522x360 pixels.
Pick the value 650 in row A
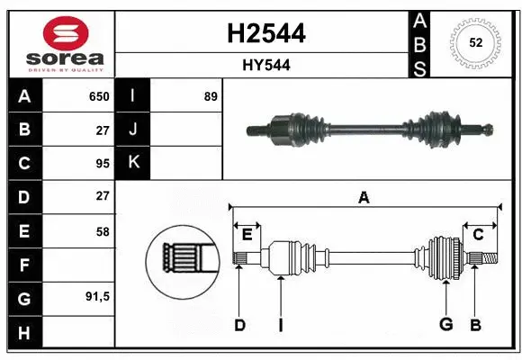pos(98,96)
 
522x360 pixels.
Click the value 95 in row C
pos(103,163)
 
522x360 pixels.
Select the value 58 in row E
pos(103,231)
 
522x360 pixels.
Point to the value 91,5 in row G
pos(98,296)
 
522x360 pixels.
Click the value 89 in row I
pos(211,96)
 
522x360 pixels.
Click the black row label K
pos(133,163)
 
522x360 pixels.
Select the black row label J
pos(133,130)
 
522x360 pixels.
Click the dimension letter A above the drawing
pos(364,197)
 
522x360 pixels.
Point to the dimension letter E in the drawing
pos(247,235)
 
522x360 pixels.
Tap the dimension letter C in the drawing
pos(478,235)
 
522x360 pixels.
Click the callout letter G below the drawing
pos(445,325)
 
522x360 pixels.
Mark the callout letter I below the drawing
pos(280,325)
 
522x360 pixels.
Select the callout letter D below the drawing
pos(239,325)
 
